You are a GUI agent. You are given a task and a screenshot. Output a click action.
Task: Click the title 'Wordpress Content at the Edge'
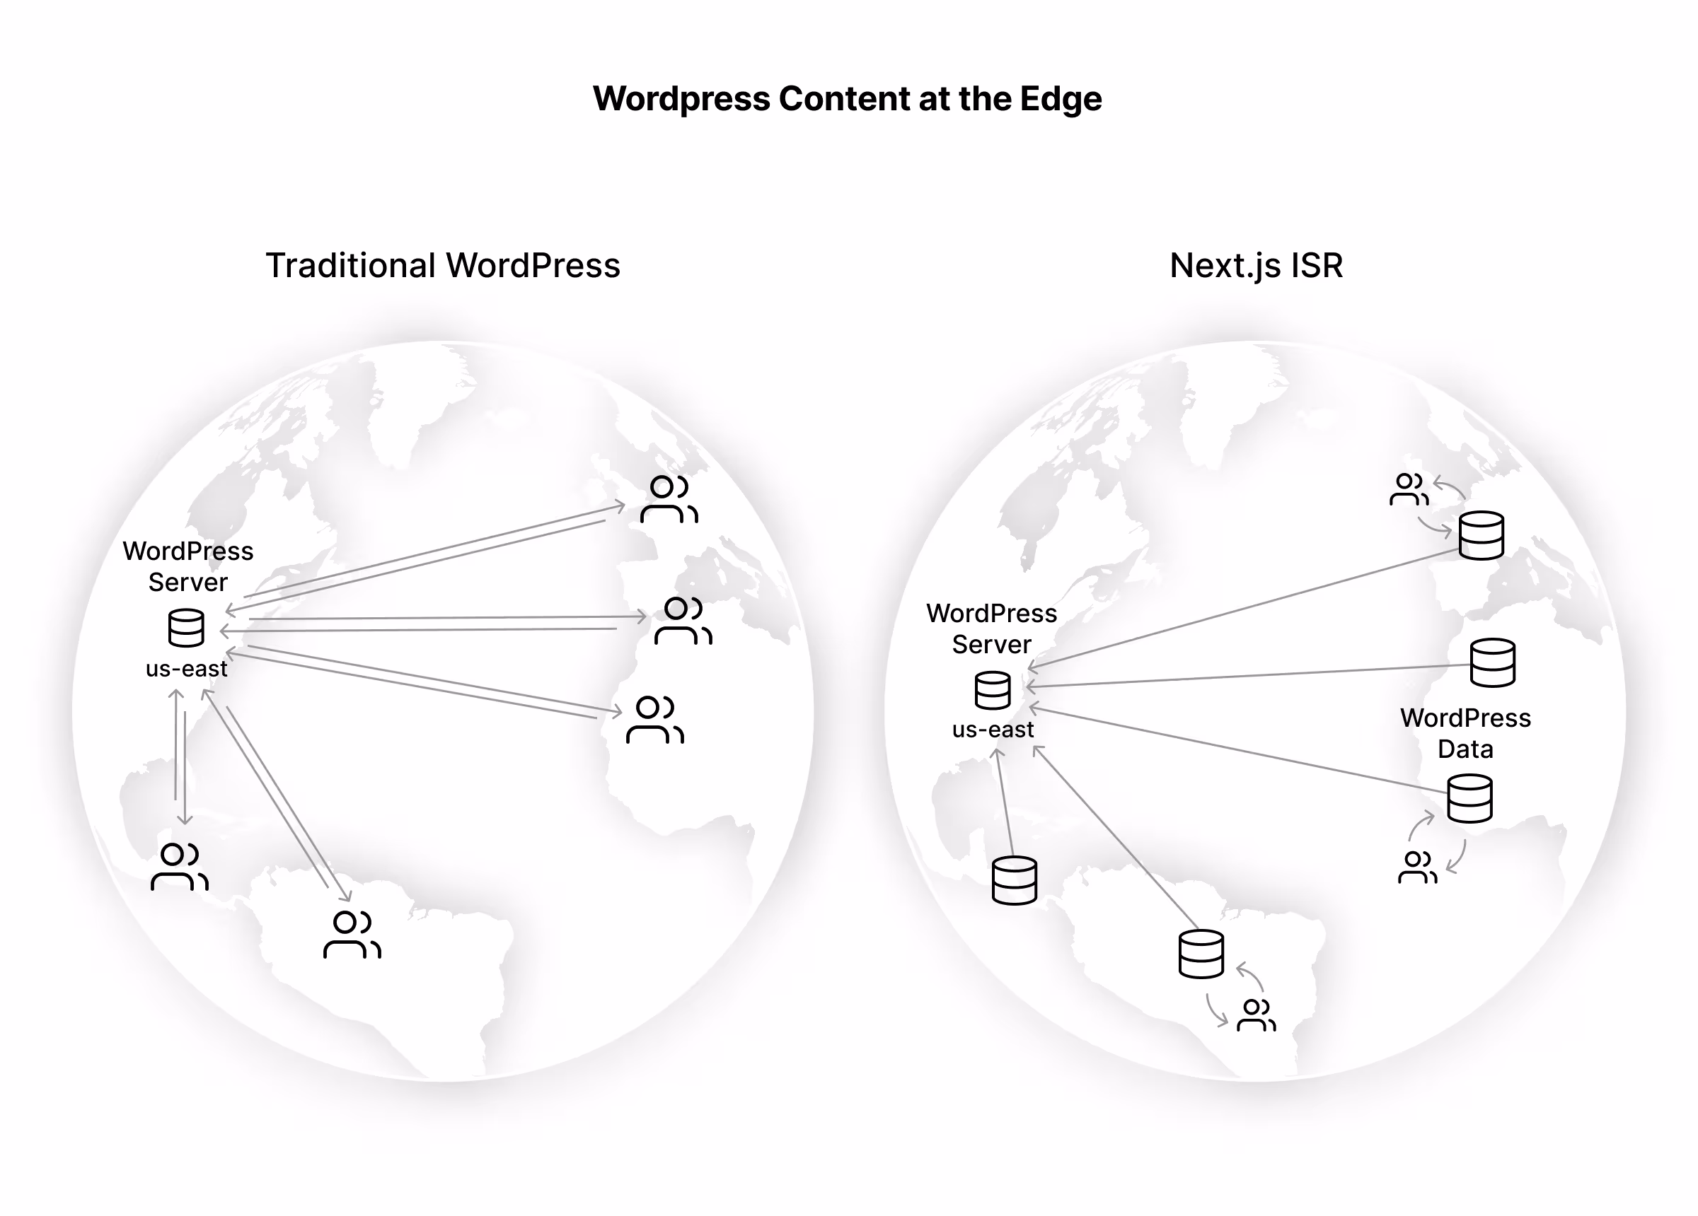pyautogui.click(x=847, y=99)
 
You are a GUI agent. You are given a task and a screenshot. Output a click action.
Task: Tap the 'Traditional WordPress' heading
pyautogui.click(x=443, y=266)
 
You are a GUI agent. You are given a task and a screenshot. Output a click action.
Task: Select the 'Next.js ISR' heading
pyautogui.click(x=1257, y=266)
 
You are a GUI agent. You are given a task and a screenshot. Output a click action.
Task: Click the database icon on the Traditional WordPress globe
pyautogui.click(x=186, y=627)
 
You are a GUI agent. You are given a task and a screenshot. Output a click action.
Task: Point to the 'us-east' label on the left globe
pyautogui.click(x=186, y=668)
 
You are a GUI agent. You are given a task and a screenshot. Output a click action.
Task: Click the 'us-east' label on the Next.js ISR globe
pyautogui.click(x=993, y=729)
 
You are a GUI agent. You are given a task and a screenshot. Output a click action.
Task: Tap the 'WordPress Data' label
pyautogui.click(x=1465, y=733)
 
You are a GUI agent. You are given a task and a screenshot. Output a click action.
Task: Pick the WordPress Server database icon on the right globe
pyautogui.click(x=993, y=690)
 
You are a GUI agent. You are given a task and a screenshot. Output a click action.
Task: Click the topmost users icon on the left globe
pyautogui.click(x=669, y=498)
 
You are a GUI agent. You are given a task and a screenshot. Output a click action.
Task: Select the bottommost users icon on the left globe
pyautogui.click(x=352, y=935)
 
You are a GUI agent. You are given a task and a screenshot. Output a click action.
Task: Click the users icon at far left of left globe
pyautogui.click(x=180, y=867)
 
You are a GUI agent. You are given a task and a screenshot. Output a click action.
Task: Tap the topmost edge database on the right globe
pyautogui.click(x=1482, y=536)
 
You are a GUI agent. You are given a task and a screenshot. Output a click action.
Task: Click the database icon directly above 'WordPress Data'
pyautogui.click(x=1493, y=663)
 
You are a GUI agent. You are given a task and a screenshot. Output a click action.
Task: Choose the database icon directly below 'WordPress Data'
pyautogui.click(x=1469, y=798)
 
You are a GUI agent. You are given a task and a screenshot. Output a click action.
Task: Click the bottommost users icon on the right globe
pyautogui.click(x=1257, y=1015)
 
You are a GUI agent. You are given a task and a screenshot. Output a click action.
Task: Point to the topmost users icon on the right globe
pyautogui.click(x=1409, y=489)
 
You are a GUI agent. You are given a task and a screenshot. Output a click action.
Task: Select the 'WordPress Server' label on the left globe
pyautogui.click(x=188, y=566)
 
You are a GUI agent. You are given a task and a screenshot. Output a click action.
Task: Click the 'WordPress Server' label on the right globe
pyautogui.click(x=992, y=629)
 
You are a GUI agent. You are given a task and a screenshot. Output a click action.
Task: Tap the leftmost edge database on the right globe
pyautogui.click(x=1015, y=881)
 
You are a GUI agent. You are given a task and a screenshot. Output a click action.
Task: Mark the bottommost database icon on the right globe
pyautogui.click(x=1201, y=954)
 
